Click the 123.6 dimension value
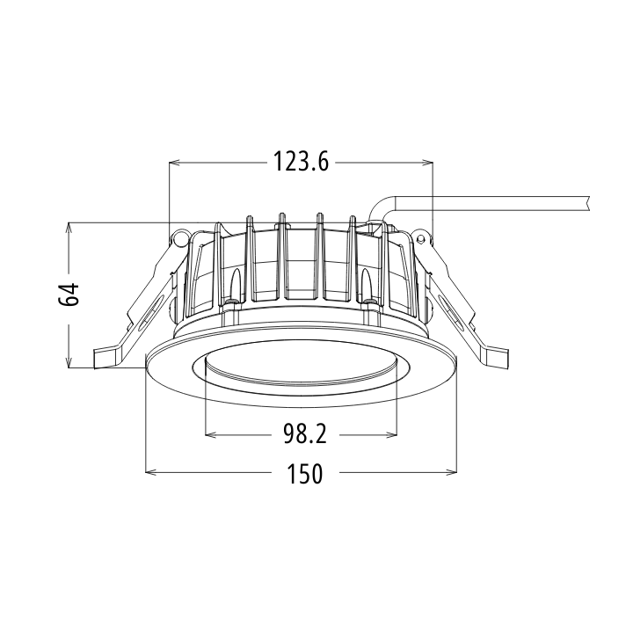tap(302, 162)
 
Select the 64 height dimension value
tap(69, 294)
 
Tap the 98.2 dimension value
tap(305, 435)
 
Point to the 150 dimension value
tap(305, 473)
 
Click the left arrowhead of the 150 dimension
tap(150, 472)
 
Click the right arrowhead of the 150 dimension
tap(451, 472)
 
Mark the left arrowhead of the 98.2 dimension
tap(211, 435)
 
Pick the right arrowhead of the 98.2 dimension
tap(391, 435)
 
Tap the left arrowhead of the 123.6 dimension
tap(175, 163)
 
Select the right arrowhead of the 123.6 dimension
tap(427, 163)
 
